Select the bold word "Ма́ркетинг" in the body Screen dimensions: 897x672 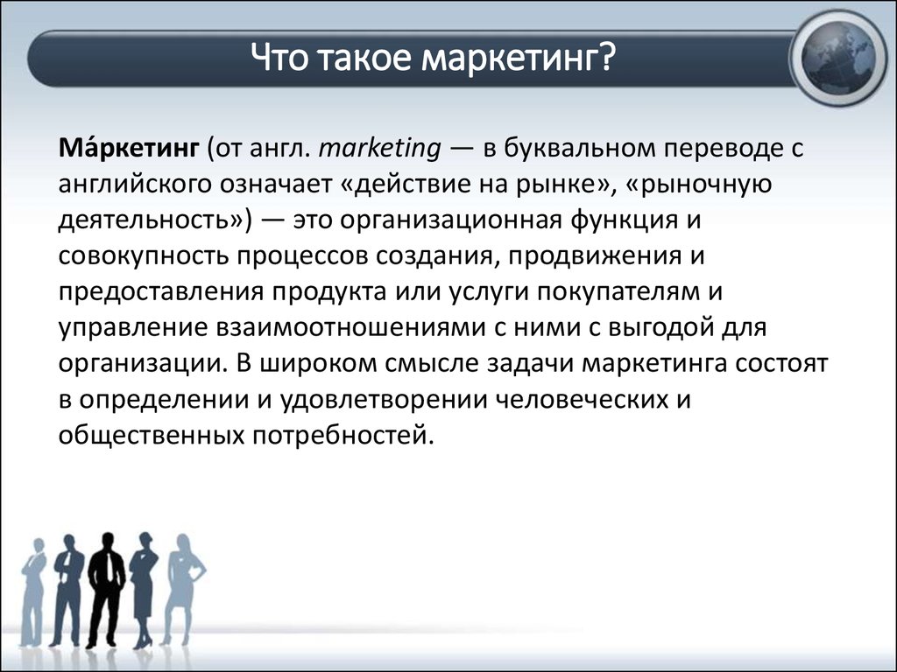(129, 148)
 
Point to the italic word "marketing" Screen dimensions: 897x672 (380, 150)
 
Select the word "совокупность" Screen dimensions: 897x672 (144, 257)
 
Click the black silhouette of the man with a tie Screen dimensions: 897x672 (106, 590)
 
